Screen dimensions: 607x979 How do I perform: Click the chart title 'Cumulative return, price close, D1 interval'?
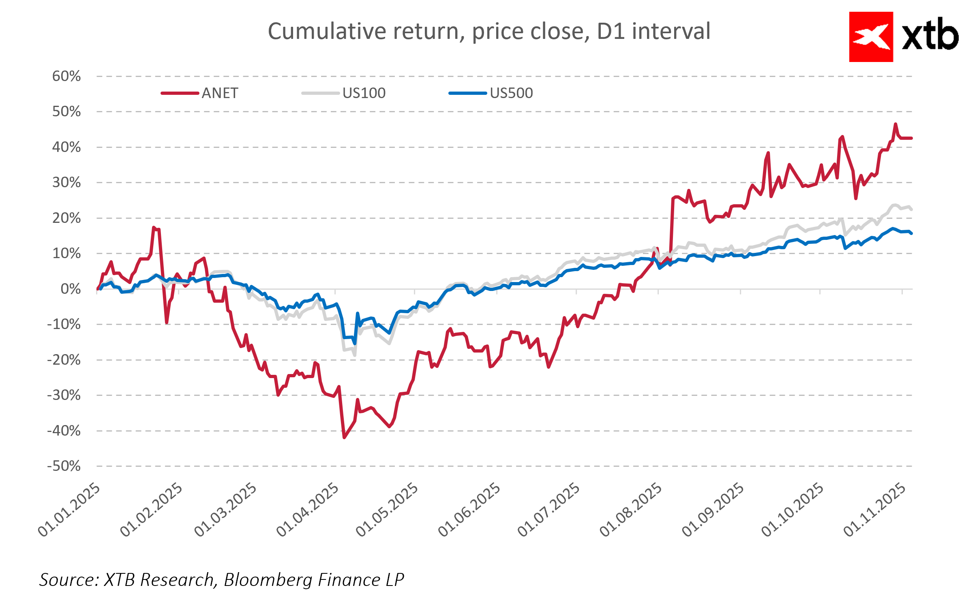tap(489, 32)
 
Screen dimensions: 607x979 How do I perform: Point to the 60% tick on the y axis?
tap(66, 76)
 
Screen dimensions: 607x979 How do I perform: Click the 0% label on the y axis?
tap(71, 289)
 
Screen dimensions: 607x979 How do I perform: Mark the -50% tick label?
tap(64, 466)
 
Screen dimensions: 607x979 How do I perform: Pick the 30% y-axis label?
tap(66, 182)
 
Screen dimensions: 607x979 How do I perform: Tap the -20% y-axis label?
tap(64, 360)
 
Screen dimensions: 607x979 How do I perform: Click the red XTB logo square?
tap(871, 37)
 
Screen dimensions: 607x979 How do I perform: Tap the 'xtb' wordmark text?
tap(930, 35)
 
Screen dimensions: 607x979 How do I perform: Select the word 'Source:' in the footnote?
tap(69, 580)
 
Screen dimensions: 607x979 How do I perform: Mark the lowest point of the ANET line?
tap(344, 438)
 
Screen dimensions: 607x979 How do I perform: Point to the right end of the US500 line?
tap(911, 233)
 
